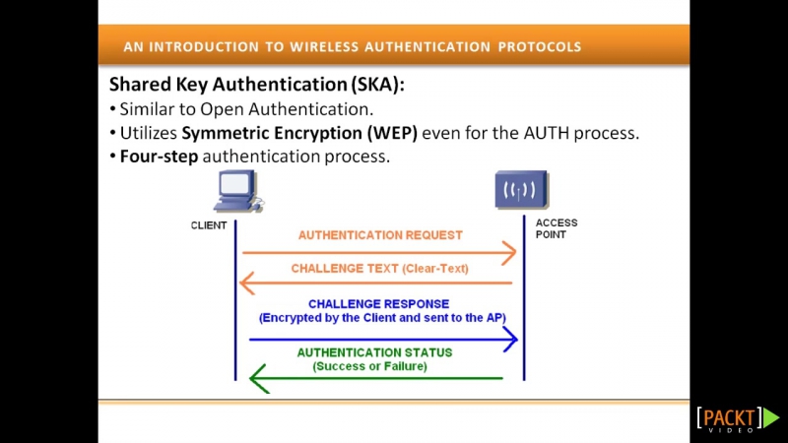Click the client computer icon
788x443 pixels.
pos(238,191)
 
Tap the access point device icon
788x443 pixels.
pos(522,190)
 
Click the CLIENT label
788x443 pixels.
pos(209,225)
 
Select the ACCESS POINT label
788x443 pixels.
pos(557,228)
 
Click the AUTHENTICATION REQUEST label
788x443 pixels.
pos(380,235)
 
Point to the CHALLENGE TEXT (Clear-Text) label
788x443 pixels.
pos(380,268)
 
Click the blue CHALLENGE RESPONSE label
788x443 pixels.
pos(379,304)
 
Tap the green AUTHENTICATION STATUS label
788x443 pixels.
pos(374,352)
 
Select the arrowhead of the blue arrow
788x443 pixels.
pos(510,340)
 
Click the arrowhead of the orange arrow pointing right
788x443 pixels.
pos(509,252)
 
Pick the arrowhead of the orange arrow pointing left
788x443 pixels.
pos(247,283)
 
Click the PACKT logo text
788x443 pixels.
pos(730,417)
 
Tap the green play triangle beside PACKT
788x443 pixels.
pos(771,417)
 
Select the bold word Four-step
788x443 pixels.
pos(159,157)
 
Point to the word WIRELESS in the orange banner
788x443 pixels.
pos(324,46)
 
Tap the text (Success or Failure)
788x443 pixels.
pos(370,366)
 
